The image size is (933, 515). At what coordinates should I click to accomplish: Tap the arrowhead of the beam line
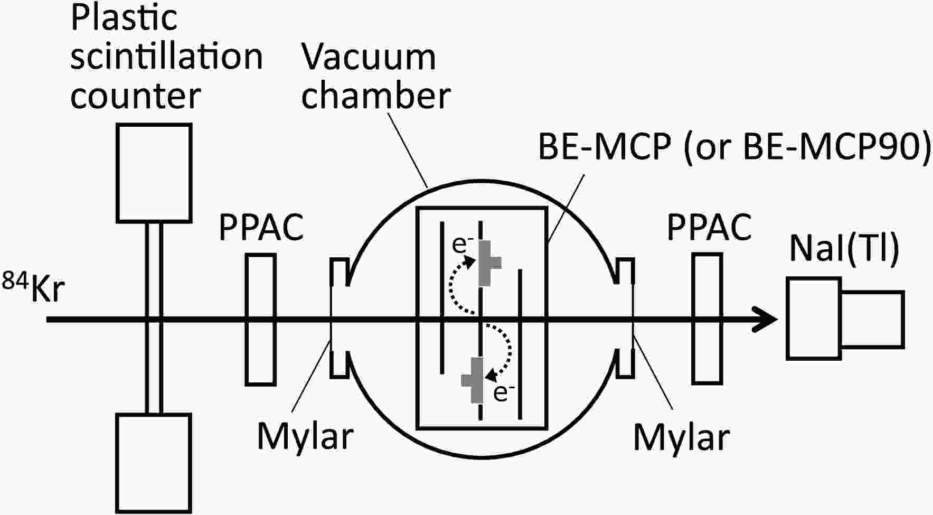tap(765, 320)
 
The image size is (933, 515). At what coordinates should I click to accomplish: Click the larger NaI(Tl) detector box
tap(814, 319)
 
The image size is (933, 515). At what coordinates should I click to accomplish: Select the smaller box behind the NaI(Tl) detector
tap(872, 319)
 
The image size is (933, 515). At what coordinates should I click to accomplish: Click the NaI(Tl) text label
tap(844, 249)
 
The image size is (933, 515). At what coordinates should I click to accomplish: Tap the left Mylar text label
tap(305, 437)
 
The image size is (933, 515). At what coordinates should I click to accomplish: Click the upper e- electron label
tap(463, 245)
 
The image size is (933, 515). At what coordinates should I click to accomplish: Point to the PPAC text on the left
tap(261, 227)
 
